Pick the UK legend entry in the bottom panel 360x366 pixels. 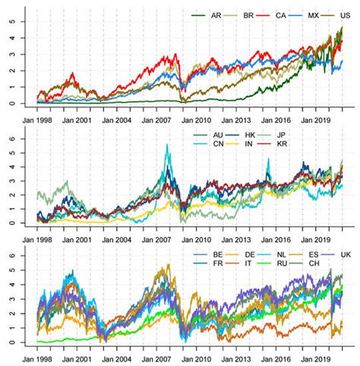[x=346, y=255]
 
